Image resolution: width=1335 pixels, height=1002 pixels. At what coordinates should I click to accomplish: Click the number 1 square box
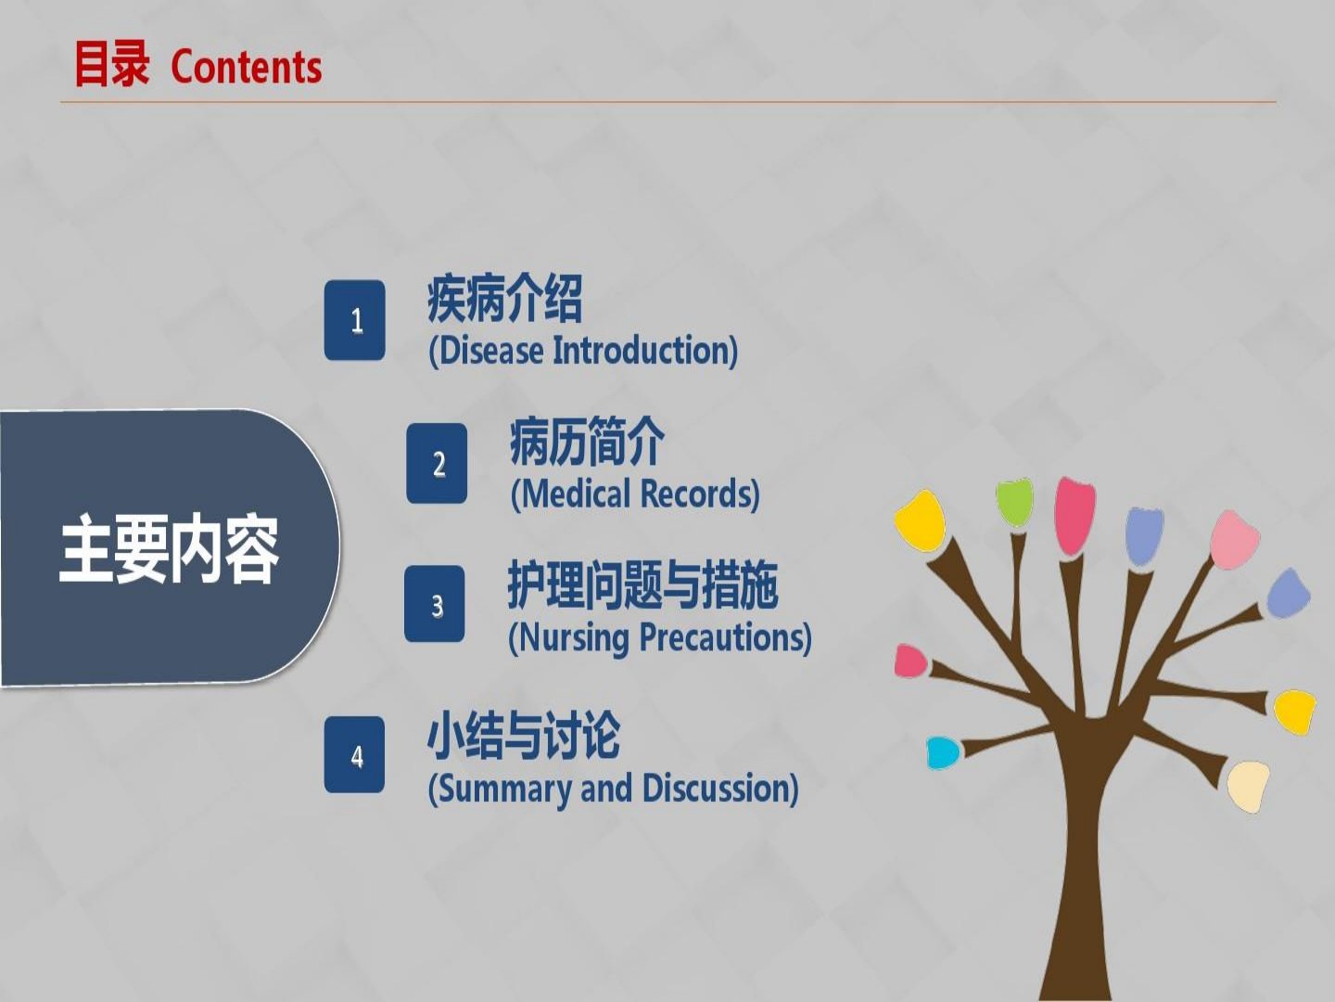pyautogui.click(x=354, y=320)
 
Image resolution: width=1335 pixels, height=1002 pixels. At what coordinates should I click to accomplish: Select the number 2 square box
pyautogui.click(x=437, y=464)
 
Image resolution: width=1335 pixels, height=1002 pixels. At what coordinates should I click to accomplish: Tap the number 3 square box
pyautogui.click(x=434, y=603)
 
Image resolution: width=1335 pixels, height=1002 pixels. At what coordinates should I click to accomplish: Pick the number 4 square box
pyautogui.click(x=354, y=754)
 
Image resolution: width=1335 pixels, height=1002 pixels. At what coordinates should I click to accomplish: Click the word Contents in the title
pyautogui.click(x=247, y=67)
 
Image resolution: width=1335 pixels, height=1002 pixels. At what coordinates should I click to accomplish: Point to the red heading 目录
pyautogui.click(x=111, y=65)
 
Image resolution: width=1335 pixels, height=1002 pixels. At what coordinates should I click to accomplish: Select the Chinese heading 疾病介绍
pyautogui.click(x=505, y=298)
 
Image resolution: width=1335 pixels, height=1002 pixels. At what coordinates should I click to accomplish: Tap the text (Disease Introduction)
pyautogui.click(x=583, y=351)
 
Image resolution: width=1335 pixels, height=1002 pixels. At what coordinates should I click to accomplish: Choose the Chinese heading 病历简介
pyautogui.click(x=587, y=442)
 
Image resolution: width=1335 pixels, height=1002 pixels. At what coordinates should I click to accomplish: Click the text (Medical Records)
pyautogui.click(x=635, y=494)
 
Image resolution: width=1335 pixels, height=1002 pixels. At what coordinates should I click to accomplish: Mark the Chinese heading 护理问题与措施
pyautogui.click(x=642, y=584)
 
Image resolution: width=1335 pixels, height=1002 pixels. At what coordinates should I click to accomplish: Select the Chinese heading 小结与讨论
pyautogui.click(x=524, y=736)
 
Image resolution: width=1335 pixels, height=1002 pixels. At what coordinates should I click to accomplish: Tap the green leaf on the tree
pyautogui.click(x=1014, y=503)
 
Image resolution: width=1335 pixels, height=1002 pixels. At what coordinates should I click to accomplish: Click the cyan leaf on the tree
pyautogui.click(x=943, y=752)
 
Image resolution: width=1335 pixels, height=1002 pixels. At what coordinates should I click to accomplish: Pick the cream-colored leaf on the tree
pyautogui.click(x=1248, y=786)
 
